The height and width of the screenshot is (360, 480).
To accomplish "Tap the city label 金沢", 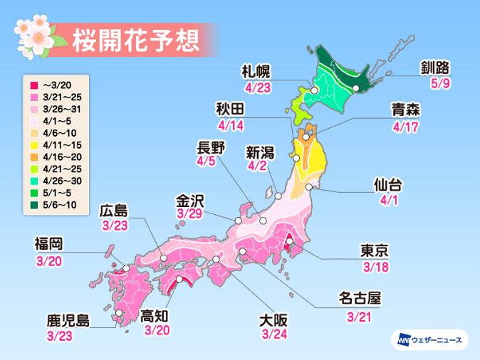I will click(189, 200).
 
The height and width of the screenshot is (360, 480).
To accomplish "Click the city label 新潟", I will click(261, 151).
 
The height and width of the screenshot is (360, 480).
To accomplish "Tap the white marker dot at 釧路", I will click(355, 88).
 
